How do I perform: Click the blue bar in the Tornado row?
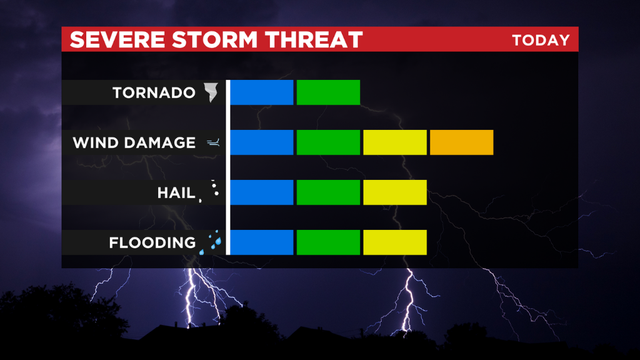click(262, 92)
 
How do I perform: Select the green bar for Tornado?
click(328, 92)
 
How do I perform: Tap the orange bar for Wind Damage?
click(461, 142)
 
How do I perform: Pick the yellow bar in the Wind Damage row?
click(395, 142)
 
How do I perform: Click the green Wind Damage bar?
click(328, 142)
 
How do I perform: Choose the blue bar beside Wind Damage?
click(262, 142)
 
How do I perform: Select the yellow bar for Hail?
click(395, 192)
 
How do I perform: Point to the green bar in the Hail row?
click(328, 192)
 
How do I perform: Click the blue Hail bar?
click(262, 192)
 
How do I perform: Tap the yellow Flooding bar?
click(395, 242)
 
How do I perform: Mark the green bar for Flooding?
click(328, 242)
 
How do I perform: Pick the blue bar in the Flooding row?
click(262, 242)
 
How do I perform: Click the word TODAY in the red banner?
click(540, 40)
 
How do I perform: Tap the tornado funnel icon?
click(211, 93)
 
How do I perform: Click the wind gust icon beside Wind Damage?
click(212, 143)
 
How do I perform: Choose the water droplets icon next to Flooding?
click(212, 242)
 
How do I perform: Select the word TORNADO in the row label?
click(152, 93)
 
